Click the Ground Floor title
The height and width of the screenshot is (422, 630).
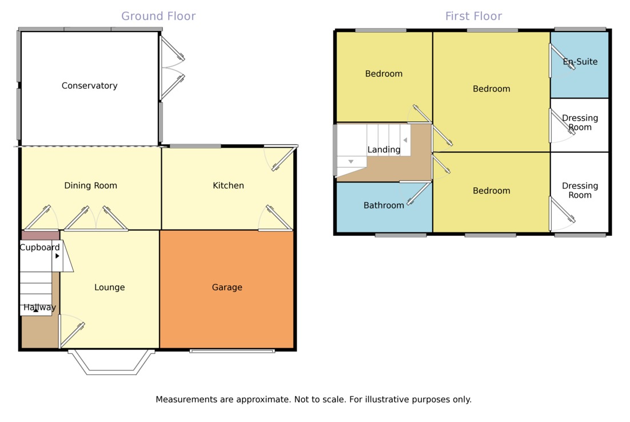pyautogui.click(x=158, y=16)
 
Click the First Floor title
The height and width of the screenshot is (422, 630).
pyautogui.click(x=473, y=16)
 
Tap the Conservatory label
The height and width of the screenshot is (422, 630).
pyautogui.click(x=90, y=86)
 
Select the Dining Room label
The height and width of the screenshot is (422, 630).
pyautogui.click(x=90, y=186)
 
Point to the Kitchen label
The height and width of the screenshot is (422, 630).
pyautogui.click(x=228, y=186)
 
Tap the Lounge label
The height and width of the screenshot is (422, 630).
pyautogui.click(x=109, y=287)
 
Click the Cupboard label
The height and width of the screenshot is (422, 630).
pyautogui.click(x=39, y=247)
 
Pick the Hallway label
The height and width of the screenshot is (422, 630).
pyautogui.click(x=39, y=307)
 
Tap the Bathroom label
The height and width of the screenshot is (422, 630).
pyautogui.click(x=384, y=205)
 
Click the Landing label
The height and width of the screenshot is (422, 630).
pyautogui.click(x=384, y=150)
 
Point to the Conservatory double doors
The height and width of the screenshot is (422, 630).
pyautogui.click(x=172, y=69)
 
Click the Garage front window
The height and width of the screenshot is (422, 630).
pyautogui.click(x=232, y=350)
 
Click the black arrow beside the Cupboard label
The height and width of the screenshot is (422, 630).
pyautogui.click(x=57, y=256)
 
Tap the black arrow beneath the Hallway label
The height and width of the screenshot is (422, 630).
pyautogui.click(x=35, y=311)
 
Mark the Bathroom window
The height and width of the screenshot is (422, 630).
pyautogui.click(x=400, y=235)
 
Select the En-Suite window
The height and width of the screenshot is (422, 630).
pyautogui.click(x=580, y=29)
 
